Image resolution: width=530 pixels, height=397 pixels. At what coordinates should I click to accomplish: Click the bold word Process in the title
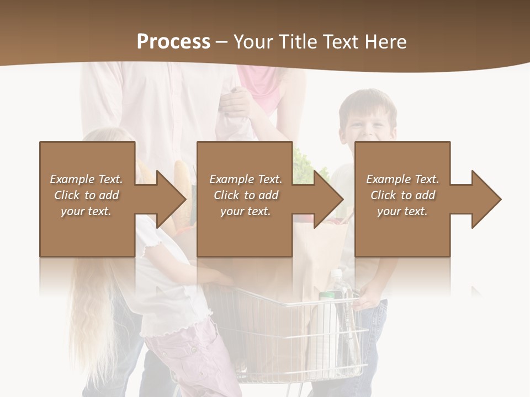pos(173,42)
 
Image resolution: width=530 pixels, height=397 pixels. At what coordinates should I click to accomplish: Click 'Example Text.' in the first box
pos(86,179)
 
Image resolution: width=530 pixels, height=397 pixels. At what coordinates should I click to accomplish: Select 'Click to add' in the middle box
pos(246,195)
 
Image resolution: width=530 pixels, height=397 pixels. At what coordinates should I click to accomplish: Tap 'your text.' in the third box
pos(402,211)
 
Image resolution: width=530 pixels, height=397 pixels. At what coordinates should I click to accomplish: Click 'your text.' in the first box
pos(86,211)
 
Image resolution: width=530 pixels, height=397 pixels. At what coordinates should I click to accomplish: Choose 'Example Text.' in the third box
pos(402,179)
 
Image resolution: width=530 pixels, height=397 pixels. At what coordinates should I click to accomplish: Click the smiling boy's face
pos(368,124)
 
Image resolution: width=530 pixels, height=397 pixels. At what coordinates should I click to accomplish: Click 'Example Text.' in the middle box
pos(246,179)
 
